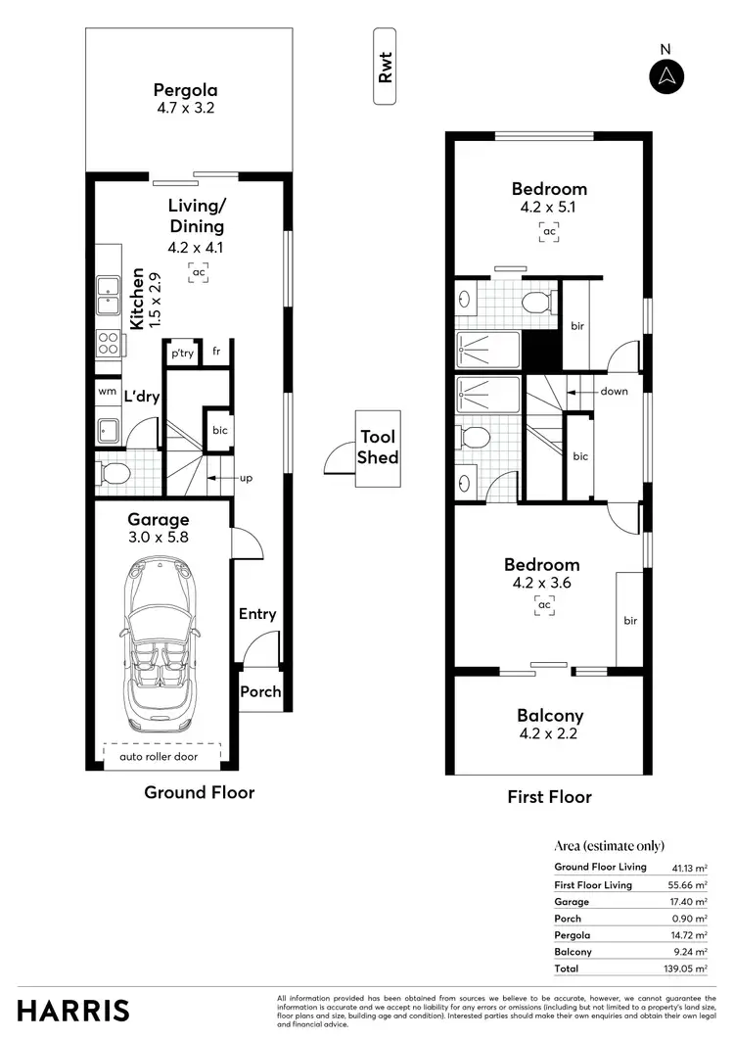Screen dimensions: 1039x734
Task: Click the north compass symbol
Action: (667, 75)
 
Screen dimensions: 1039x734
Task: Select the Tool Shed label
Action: (378, 447)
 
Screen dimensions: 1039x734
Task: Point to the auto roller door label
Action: (161, 756)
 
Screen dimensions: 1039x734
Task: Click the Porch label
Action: (260, 691)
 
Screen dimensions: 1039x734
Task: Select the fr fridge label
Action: (217, 352)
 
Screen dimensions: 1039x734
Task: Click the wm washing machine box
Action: (107, 391)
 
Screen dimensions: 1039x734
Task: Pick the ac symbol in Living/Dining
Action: (198, 272)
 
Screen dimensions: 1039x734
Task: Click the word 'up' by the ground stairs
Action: (248, 479)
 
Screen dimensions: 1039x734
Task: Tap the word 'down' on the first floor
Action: (615, 392)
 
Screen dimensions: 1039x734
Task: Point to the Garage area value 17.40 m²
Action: (689, 901)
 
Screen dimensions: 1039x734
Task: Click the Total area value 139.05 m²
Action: (686, 968)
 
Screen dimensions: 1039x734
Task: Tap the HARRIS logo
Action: (73, 1010)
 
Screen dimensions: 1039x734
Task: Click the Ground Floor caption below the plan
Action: (199, 792)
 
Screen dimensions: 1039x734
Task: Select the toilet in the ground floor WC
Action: (114, 474)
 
